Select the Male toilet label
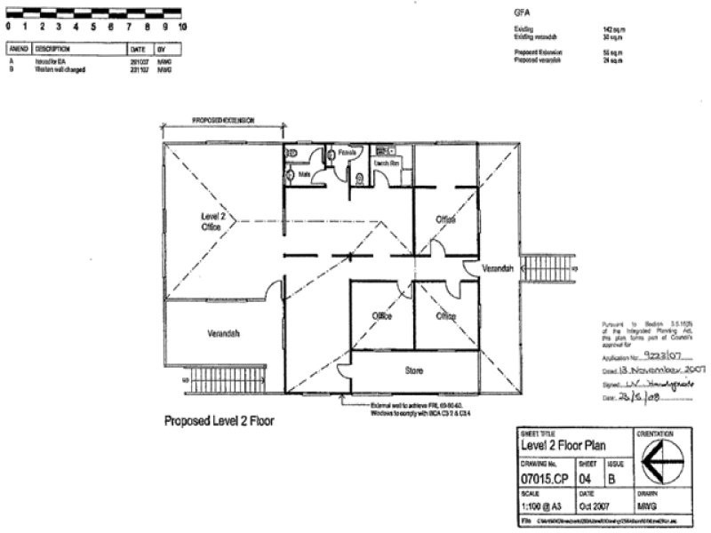[304, 175]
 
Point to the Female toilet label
[348, 153]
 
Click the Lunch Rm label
[385, 164]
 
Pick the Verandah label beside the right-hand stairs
[499, 267]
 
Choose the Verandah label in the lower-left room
[224, 333]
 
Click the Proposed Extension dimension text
[224, 119]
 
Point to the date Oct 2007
[597, 506]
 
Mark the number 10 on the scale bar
[182, 26]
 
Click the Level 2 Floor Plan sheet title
[563, 446]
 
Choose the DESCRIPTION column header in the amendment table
[52, 50]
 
